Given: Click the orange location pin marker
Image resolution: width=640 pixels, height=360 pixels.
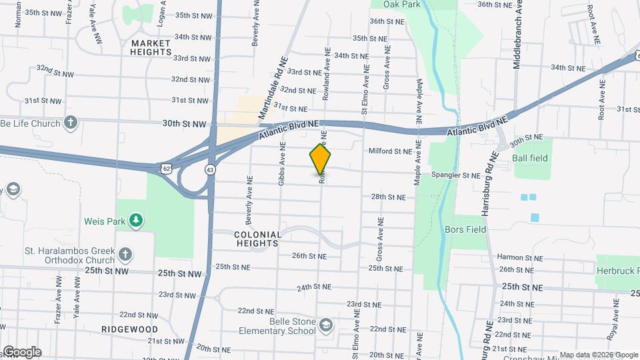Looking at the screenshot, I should pyautogui.click(x=321, y=159).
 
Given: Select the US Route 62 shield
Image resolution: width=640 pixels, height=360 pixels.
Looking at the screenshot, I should pyautogui.click(x=166, y=169).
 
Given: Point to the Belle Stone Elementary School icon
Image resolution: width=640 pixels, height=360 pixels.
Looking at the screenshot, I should pyautogui.click(x=327, y=325).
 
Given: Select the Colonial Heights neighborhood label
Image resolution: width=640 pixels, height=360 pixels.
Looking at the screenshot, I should pyautogui.click(x=256, y=239).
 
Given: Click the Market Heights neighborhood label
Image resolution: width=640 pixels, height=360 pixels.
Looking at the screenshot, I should pyautogui.click(x=151, y=47).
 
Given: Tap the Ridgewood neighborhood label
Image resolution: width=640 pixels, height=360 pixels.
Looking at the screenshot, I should pyautogui.click(x=129, y=329).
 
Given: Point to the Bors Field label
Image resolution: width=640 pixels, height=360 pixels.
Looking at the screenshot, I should pyautogui.click(x=465, y=229).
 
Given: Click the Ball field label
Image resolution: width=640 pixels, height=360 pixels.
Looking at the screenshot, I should pyautogui.click(x=530, y=158).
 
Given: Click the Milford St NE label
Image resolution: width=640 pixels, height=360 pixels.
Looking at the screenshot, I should pyautogui.click(x=390, y=151).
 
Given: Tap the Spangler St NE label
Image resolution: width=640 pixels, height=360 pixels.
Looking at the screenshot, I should pyautogui.click(x=456, y=175).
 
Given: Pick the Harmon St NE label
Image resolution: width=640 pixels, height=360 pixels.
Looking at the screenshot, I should pyautogui.click(x=518, y=257).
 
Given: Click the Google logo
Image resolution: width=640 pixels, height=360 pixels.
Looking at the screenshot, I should pyautogui.click(x=21, y=352).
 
